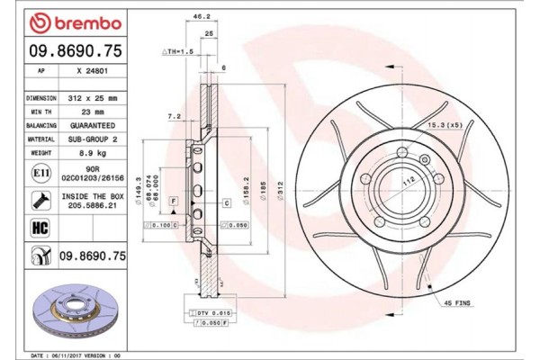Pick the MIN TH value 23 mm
click(92, 112)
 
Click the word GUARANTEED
click(92, 126)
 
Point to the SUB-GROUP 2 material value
click(92, 139)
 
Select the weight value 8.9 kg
click(92, 154)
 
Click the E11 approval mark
click(40, 171)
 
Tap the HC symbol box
click(40, 228)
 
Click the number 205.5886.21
click(92, 205)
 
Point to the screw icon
click(40, 200)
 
